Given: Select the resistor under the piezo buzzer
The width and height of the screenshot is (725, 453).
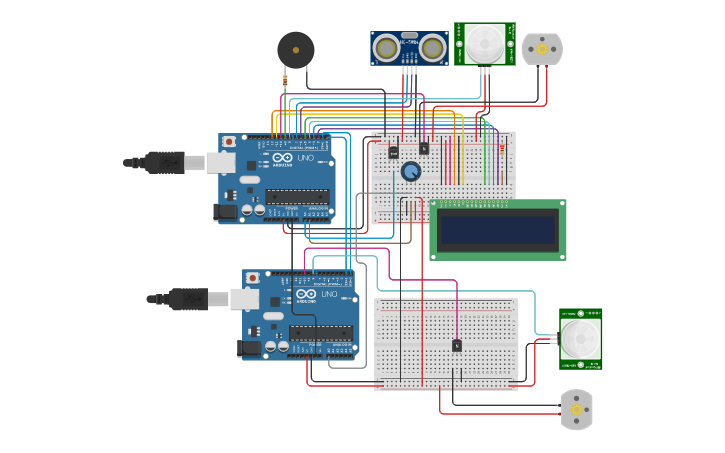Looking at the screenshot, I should tap(286, 80).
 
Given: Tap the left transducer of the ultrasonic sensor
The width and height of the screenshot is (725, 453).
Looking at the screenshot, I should tap(384, 47).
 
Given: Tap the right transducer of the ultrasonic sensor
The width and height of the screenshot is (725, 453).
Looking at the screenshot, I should tap(433, 47).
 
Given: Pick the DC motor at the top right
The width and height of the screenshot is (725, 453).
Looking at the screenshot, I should tap(542, 49).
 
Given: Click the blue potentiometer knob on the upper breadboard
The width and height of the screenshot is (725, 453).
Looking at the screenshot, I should tap(411, 173).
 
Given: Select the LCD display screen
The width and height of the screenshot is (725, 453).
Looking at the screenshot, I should tap(497, 229).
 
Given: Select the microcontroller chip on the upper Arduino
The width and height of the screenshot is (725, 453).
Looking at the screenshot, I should tap(297, 196).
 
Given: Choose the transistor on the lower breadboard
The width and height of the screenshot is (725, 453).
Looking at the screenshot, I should tap(457, 345).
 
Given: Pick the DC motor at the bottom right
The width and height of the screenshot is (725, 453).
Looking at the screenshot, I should tap(576, 409).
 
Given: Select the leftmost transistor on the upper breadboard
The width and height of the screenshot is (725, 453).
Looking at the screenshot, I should tap(393, 152).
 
